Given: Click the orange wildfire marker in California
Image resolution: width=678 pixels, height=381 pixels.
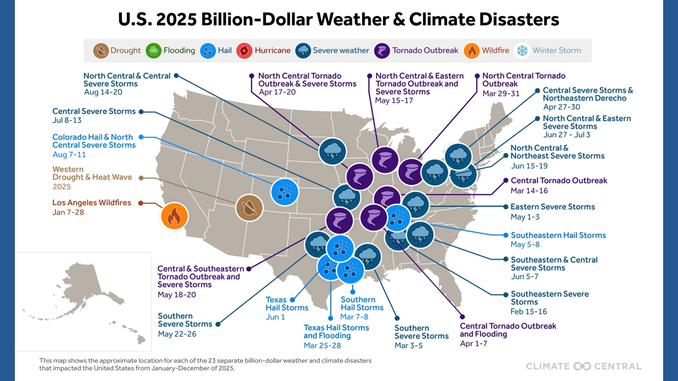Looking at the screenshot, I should click(174, 216).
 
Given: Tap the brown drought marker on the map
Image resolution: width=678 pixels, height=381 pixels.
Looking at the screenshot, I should click(249, 208).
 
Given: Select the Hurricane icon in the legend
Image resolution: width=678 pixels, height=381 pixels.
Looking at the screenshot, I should click(244, 51).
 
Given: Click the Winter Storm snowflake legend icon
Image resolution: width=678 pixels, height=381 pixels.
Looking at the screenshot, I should click(522, 51).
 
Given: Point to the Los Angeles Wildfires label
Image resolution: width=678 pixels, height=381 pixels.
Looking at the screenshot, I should click(92, 203).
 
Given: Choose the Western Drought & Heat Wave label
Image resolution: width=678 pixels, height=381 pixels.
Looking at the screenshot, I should click(92, 174).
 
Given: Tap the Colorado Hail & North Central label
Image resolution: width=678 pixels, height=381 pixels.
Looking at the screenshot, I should click(93, 141).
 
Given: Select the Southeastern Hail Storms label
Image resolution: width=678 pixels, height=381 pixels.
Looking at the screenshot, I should click(558, 235).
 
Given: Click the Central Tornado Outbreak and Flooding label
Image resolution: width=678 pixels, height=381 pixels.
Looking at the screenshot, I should click(508, 330).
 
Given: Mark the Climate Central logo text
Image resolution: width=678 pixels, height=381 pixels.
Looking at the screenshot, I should click(583, 366).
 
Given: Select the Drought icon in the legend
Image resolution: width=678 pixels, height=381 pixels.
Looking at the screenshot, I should click(101, 51).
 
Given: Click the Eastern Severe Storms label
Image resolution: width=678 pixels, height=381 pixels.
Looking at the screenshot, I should click(553, 207).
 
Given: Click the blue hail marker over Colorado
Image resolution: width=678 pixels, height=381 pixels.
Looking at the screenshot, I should click(285, 192).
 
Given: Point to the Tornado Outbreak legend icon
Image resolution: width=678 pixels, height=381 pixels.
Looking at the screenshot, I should click(382, 51).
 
